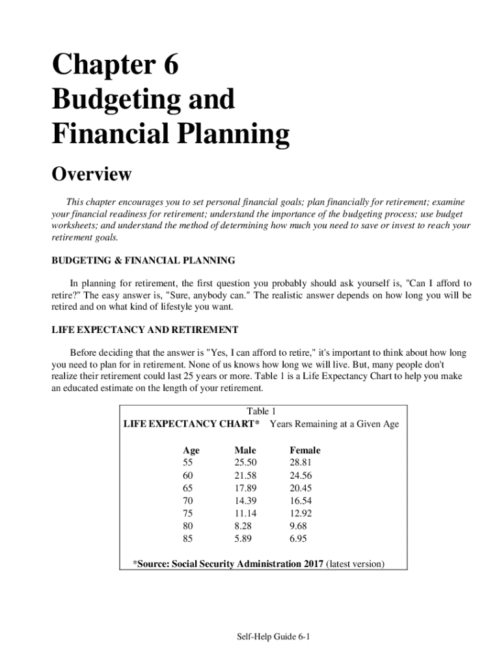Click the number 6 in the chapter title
click(167, 66)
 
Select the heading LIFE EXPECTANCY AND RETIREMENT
click(144, 330)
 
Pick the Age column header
click(191, 450)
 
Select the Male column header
click(245, 450)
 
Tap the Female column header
click(305, 450)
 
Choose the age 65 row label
click(188, 488)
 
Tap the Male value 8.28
click(243, 526)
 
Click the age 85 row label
click(188, 539)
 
